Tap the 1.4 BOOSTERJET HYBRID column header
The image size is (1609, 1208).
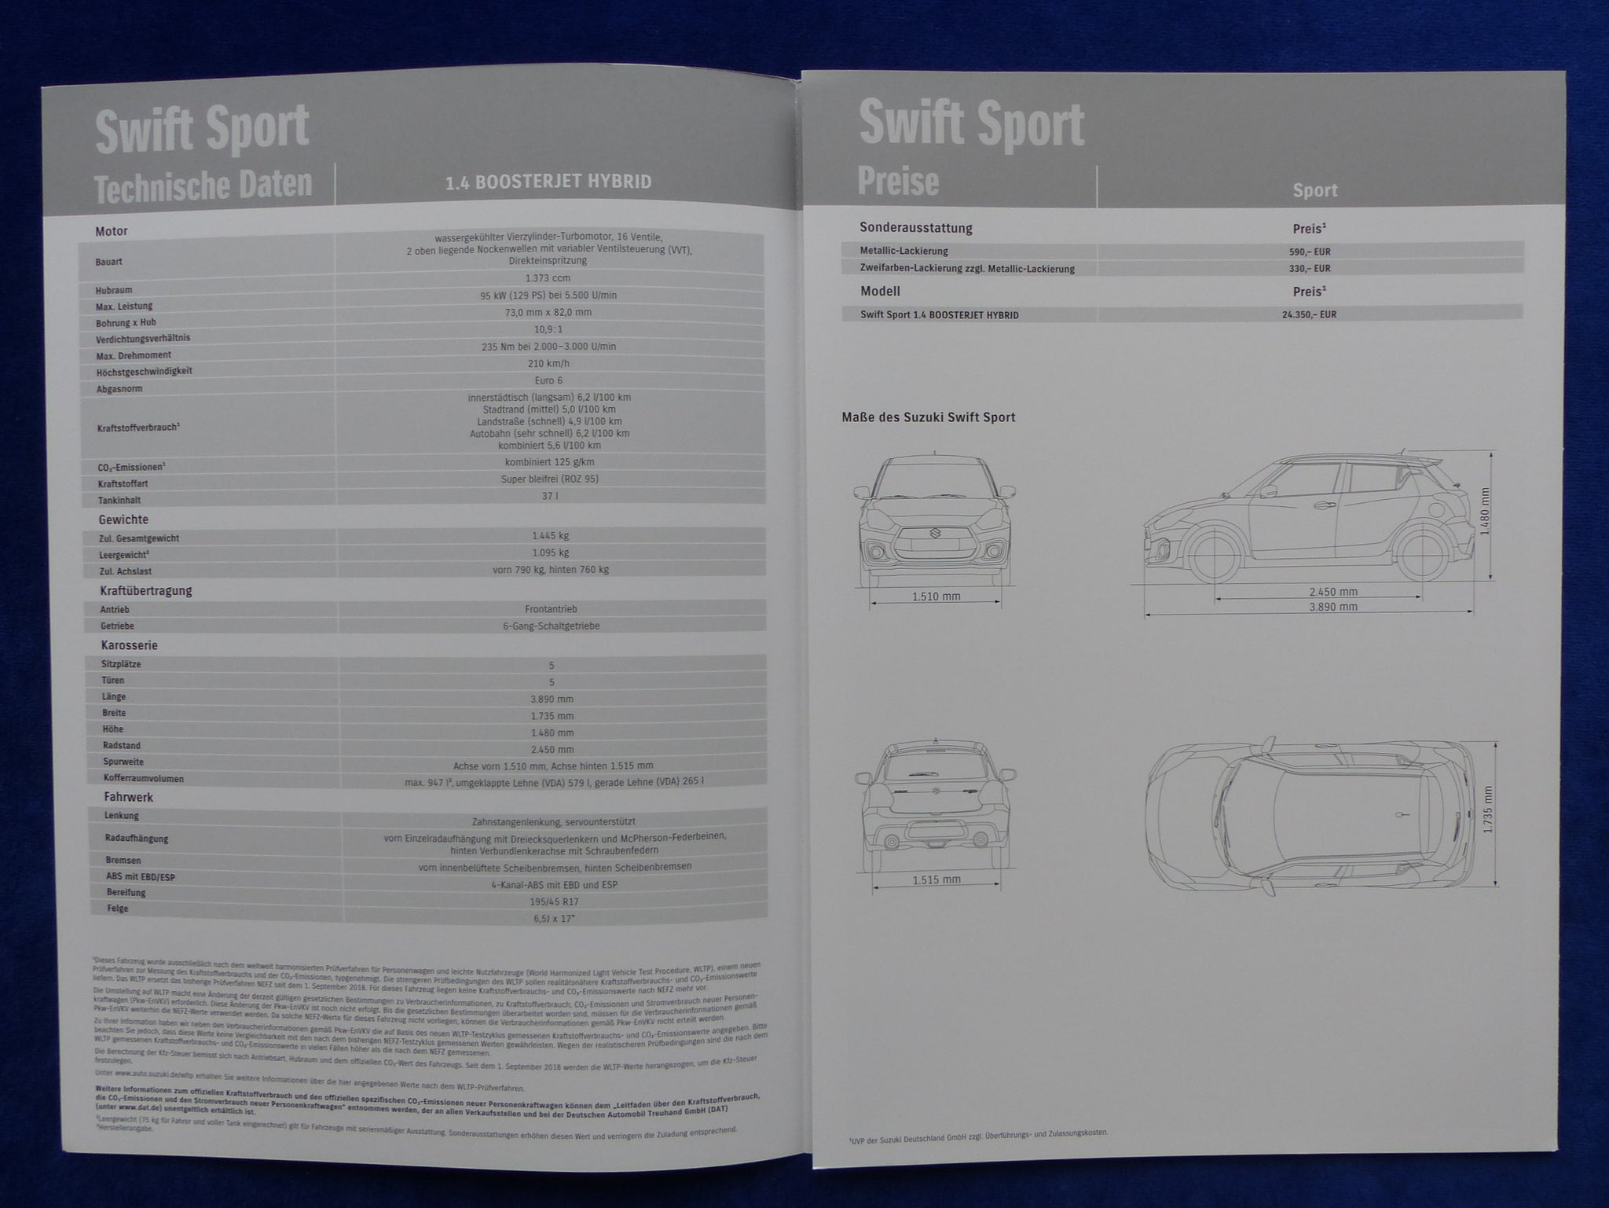548,182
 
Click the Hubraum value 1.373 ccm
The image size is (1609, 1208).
548,278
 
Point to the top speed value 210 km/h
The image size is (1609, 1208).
548,364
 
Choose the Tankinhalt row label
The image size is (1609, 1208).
119,500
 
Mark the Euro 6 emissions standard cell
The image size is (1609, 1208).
548,380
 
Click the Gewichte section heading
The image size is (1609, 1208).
123,520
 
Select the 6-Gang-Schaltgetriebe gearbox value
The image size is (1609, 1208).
551,626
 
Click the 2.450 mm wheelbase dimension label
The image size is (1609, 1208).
1333,592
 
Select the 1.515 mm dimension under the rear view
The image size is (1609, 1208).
936,879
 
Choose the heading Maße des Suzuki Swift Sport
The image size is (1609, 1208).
928,417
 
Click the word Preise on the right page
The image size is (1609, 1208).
898,182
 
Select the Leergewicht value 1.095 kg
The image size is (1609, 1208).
550,553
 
